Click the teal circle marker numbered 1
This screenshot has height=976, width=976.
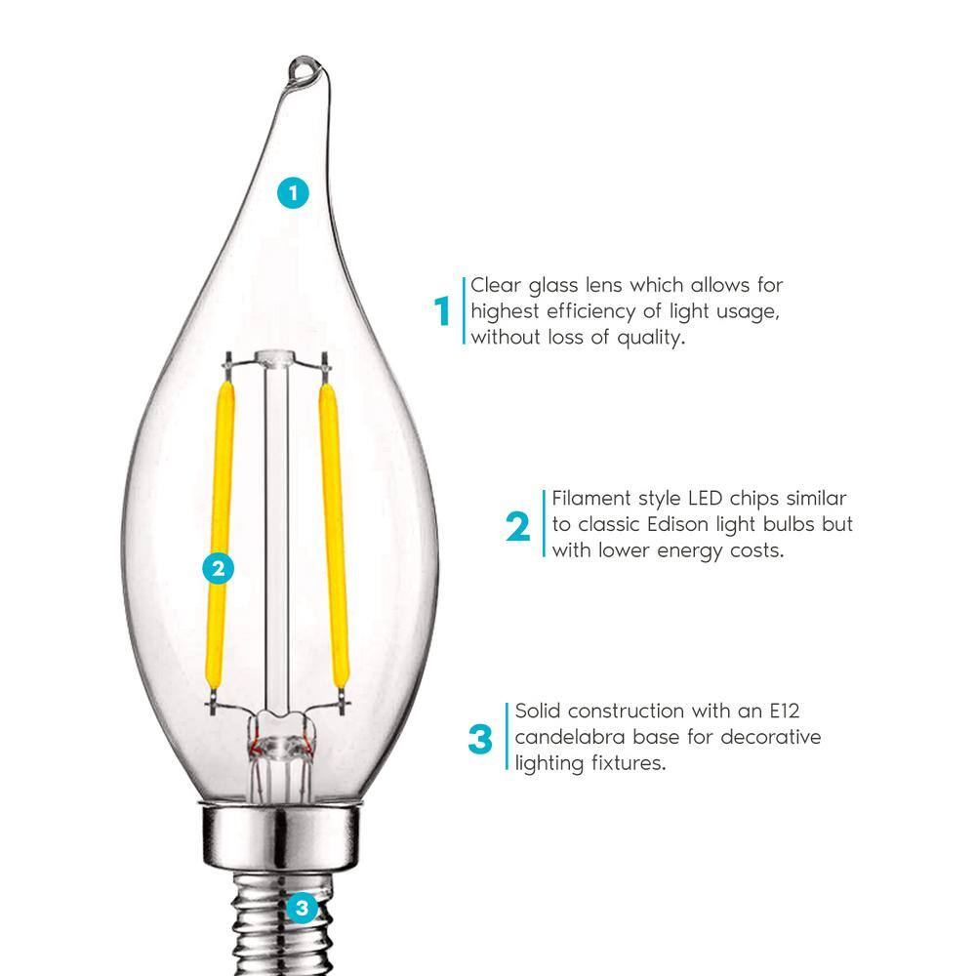(x=292, y=192)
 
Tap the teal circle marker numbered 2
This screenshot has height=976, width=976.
(x=219, y=568)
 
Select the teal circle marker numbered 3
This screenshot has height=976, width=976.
(x=302, y=909)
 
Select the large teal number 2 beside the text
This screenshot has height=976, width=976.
(x=518, y=527)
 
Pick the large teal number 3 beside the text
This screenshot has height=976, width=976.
(x=480, y=739)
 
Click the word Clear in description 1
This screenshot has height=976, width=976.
(x=498, y=286)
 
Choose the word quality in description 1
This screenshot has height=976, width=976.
(x=654, y=337)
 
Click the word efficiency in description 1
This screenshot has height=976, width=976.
(x=584, y=312)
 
